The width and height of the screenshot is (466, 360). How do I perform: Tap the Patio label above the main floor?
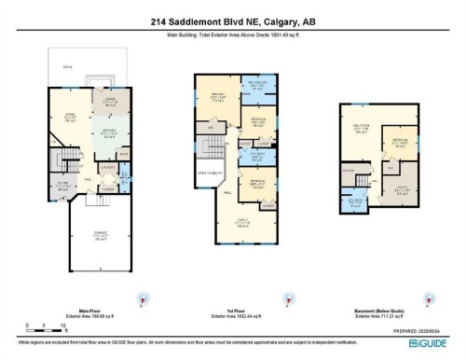pyautogui.click(x=66, y=69)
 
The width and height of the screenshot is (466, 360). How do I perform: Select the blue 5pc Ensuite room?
pyautogui.click(x=262, y=90)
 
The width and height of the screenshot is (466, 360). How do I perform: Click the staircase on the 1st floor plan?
pyautogui.click(x=213, y=145)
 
